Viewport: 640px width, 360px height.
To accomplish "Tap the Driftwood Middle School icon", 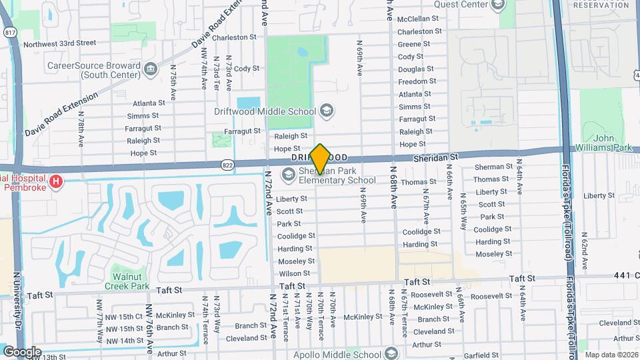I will pyautogui.click(x=327, y=109).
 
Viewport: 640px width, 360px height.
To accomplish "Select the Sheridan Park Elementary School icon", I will pyautogui.click(x=289, y=175).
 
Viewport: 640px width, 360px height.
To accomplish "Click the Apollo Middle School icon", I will pyautogui.click(x=392, y=354).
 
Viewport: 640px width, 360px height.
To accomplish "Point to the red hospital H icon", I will pyautogui.click(x=57, y=181).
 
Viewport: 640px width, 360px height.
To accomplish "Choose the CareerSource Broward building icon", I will pyautogui.click(x=151, y=68).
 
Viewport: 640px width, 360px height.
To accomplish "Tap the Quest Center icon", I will pyautogui.click(x=497, y=5).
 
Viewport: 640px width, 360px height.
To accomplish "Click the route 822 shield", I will pyautogui.click(x=228, y=163).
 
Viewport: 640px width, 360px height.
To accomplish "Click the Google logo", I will pyautogui.click(x=21, y=351).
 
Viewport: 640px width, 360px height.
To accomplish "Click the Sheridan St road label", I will pyautogui.click(x=435, y=156).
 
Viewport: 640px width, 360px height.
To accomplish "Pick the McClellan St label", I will pyautogui.click(x=418, y=19).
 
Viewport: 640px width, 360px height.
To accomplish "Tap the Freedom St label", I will pyautogui.click(x=417, y=81).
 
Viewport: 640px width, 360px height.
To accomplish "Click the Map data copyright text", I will pyautogui.click(x=611, y=355).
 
